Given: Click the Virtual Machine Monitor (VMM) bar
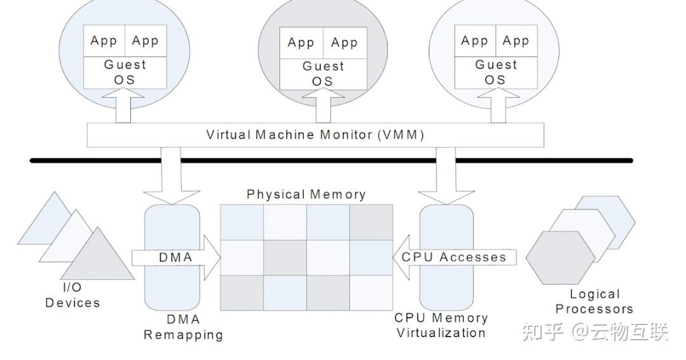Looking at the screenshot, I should coord(315,135).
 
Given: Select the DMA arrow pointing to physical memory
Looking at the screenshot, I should coord(175,258).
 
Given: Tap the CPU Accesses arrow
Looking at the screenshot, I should coord(454,257).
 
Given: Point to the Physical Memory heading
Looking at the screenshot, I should coord(306,194).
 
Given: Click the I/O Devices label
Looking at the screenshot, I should coord(72,295).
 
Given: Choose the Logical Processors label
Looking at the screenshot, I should coord(595,302).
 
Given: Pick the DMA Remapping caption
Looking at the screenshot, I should coord(183,328).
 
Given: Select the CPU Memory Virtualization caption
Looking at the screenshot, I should coord(441,325).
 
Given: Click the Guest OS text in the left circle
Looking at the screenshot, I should coord(125,72).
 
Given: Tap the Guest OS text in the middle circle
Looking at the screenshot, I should coord(323,74).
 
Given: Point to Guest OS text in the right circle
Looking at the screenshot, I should coord(496,72).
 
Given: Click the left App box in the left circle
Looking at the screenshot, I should coord(104,41).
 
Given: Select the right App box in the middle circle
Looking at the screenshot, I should coord(344,43).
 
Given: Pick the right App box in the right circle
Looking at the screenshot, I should coord(516,41).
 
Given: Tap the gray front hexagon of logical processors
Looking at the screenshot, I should coord(560,257).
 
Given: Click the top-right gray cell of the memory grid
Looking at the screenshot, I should coord(371,222).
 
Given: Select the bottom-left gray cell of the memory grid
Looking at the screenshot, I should coord(241,293).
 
